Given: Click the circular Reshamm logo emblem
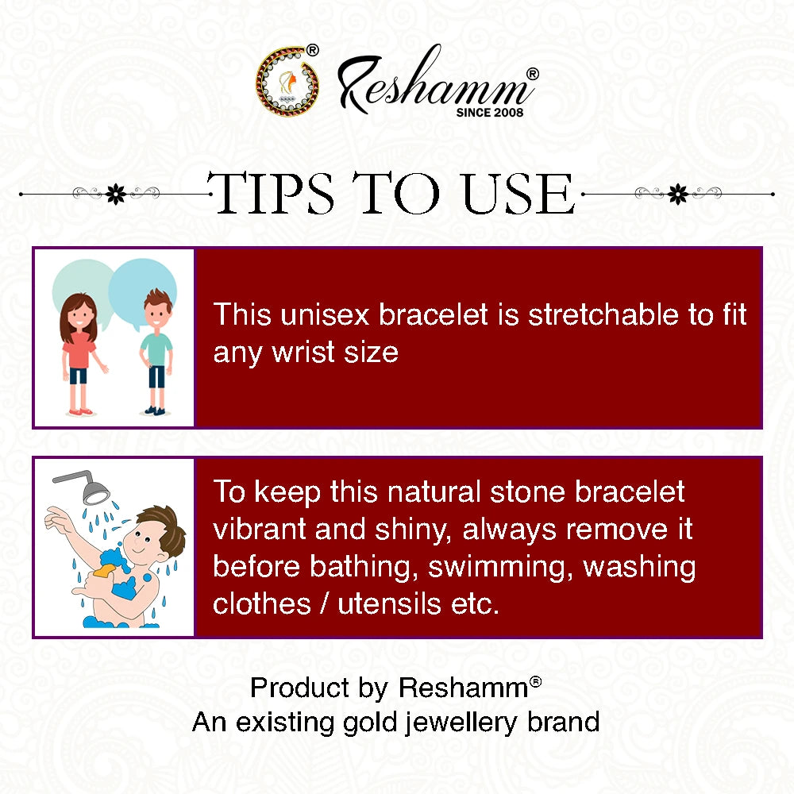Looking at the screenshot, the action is point(287,81).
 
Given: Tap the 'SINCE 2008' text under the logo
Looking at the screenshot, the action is point(490,113).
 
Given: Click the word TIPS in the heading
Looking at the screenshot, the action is point(271,193).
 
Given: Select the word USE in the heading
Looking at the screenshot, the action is point(518,193).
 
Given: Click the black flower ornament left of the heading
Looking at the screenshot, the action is point(116,194).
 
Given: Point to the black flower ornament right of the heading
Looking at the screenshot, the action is point(678,194).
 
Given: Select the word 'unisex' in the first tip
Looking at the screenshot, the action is point(325,314).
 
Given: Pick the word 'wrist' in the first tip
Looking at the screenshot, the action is point(303,352).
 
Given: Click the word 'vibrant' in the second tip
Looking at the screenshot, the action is point(260,529).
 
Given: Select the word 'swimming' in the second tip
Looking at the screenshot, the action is point(500,567).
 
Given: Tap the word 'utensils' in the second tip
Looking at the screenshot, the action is point(389,604).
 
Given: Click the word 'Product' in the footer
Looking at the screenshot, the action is point(300,688).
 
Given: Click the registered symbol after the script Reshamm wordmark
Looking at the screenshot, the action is point(532,74).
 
